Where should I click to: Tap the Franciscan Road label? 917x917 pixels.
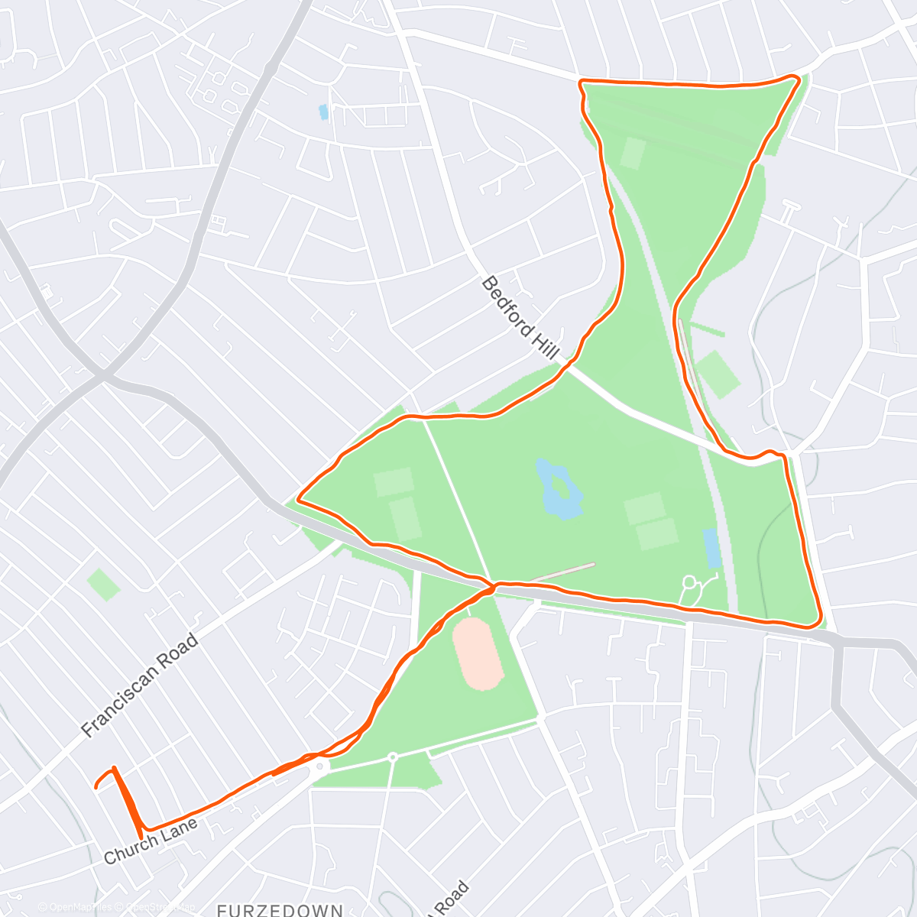(140, 685)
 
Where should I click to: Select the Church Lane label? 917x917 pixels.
(151, 841)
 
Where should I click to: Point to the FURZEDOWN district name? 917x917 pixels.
(279, 909)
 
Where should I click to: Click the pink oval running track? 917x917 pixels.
(478, 654)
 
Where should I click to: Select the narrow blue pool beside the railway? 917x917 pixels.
(711, 547)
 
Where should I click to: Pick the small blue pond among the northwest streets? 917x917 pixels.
(323, 112)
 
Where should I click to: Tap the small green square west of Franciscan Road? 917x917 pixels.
(103, 585)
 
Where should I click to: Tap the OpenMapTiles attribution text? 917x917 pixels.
(75, 907)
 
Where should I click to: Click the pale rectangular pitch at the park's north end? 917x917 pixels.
(632, 152)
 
